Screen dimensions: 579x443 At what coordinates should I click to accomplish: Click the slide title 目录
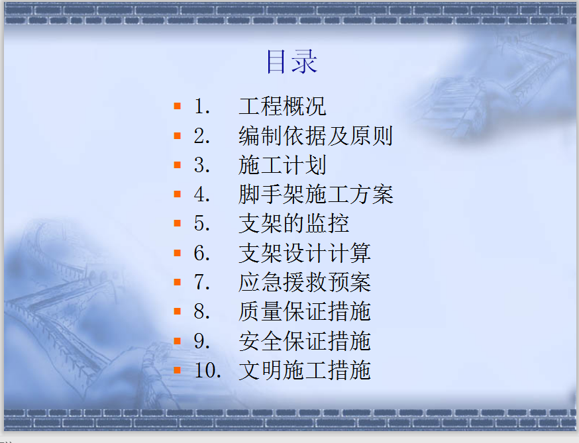(x=291, y=62)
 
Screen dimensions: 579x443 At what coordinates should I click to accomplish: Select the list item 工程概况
(x=282, y=107)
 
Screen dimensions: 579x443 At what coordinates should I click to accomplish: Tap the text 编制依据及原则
(x=316, y=136)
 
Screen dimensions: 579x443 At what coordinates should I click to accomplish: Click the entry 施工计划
(x=282, y=165)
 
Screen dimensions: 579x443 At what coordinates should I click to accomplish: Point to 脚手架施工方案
(x=316, y=194)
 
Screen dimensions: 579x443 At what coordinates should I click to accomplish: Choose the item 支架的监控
(x=293, y=223)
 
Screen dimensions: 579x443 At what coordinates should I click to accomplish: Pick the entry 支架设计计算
(x=305, y=253)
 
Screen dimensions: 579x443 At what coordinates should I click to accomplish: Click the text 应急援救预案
(x=305, y=282)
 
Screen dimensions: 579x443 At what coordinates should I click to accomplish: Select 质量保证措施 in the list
(x=305, y=311)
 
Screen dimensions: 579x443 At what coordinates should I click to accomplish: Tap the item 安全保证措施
(x=305, y=341)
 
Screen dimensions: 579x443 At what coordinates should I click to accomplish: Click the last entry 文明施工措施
(x=305, y=370)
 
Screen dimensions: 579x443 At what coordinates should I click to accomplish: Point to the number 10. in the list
(x=207, y=370)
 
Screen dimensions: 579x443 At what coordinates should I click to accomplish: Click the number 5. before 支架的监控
(x=202, y=224)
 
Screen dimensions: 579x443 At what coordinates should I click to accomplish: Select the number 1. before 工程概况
(x=202, y=107)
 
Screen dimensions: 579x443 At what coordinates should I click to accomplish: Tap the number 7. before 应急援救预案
(x=202, y=282)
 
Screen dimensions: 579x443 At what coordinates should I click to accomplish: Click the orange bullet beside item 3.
(x=178, y=165)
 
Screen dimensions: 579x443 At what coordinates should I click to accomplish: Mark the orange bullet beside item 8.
(x=178, y=311)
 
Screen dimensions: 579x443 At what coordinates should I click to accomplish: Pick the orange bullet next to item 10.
(x=178, y=370)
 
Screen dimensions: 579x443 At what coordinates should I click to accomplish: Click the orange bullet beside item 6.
(x=178, y=253)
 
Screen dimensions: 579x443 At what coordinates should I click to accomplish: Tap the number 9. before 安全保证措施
(x=202, y=341)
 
